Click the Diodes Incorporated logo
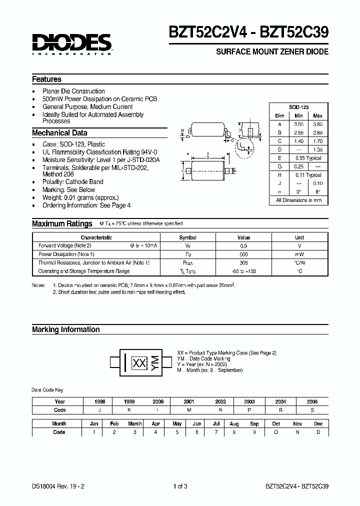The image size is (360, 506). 72,43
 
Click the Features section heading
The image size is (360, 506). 46,79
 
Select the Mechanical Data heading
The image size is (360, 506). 59,133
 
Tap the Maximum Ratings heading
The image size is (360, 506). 62,223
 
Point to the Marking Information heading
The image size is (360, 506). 65,329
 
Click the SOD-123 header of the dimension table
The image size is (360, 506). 298,107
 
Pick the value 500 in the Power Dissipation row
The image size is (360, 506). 243,254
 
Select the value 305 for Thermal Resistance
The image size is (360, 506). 243,262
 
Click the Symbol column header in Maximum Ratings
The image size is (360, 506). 187,237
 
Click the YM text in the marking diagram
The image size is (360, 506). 154,363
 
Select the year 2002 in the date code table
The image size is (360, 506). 220,401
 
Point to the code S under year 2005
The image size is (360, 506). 312,410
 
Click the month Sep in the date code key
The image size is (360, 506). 254,423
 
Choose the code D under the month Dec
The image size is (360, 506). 318,432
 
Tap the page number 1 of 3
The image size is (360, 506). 180,485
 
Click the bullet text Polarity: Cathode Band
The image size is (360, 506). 72,182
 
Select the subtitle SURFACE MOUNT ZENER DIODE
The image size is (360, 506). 272,52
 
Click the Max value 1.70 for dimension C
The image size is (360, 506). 317,141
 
